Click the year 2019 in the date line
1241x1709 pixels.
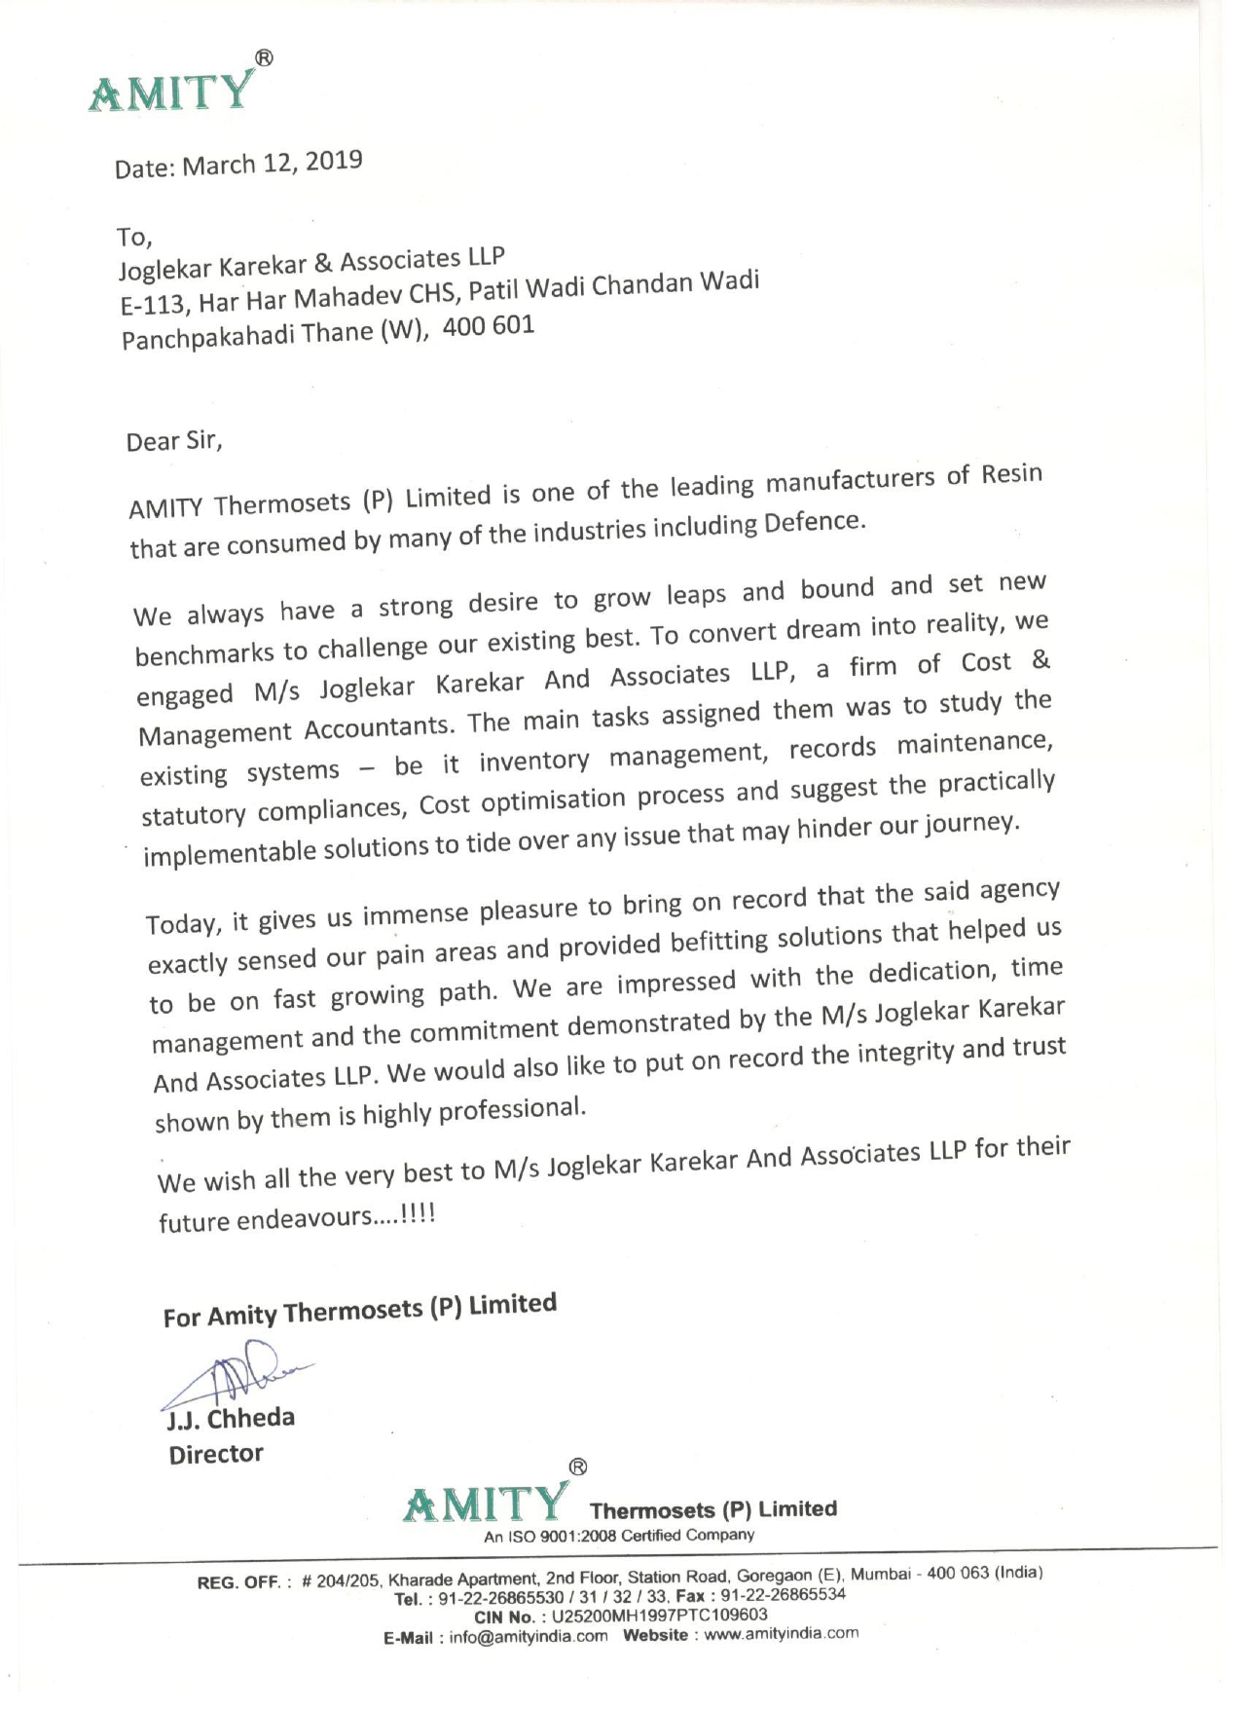(x=334, y=160)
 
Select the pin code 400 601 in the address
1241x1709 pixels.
(x=489, y=325)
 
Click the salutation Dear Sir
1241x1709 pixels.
(x=174, y=442)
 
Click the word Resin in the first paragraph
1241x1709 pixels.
(x=1012, y=474)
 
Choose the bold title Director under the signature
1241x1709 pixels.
(x=216, y=1454)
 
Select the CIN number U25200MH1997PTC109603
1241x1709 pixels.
(x=659, y=1615)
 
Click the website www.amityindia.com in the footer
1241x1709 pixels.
(x=782, y=1634)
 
